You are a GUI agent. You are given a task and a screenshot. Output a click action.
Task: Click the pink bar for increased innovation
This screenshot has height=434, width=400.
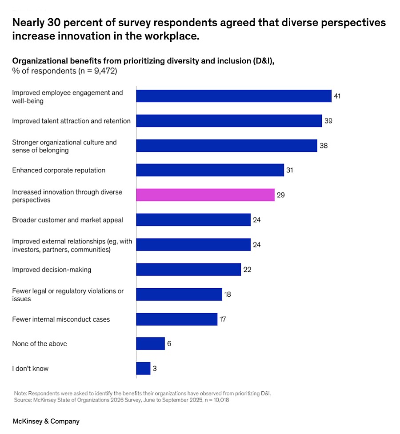tap(205, 195)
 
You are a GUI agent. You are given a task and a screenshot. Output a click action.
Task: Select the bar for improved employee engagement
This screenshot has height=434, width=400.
tap(233, 96)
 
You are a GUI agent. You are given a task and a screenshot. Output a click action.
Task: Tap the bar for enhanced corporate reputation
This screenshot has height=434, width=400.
tap(210, 170)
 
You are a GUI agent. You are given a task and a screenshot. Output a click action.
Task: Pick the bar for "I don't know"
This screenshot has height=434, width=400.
tap(143, 368)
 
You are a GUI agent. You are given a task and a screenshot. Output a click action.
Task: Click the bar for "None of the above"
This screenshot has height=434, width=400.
tap(150, 343)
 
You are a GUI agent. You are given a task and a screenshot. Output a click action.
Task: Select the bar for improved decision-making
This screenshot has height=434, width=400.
tap(188, 270)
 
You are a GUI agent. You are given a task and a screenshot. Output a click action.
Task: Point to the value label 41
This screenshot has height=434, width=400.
tap(337, 96)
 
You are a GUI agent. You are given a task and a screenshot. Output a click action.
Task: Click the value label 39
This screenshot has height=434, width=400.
tap(328, 121)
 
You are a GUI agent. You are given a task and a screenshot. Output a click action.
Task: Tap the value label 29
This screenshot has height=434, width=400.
tap(280, 195)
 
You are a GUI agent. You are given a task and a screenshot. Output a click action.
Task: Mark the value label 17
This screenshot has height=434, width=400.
tap(223, 319)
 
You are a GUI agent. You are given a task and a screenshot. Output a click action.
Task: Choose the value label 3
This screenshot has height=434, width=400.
tap(155, 368)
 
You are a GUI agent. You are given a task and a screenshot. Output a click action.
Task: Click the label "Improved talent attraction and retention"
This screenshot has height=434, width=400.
tap(71, 121)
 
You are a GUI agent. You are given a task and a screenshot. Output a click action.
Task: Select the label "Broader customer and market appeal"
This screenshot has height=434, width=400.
tap(68, 220)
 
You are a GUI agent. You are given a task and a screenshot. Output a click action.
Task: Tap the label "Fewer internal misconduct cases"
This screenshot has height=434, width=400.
tap(61, 319)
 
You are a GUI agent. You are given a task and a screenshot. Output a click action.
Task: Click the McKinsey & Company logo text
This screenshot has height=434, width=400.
tap(46, 421)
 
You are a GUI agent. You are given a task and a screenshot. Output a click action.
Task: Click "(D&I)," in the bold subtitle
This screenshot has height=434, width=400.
tap(262, 61)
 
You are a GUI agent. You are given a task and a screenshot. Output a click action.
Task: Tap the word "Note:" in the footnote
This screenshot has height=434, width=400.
tap(20, 393)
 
